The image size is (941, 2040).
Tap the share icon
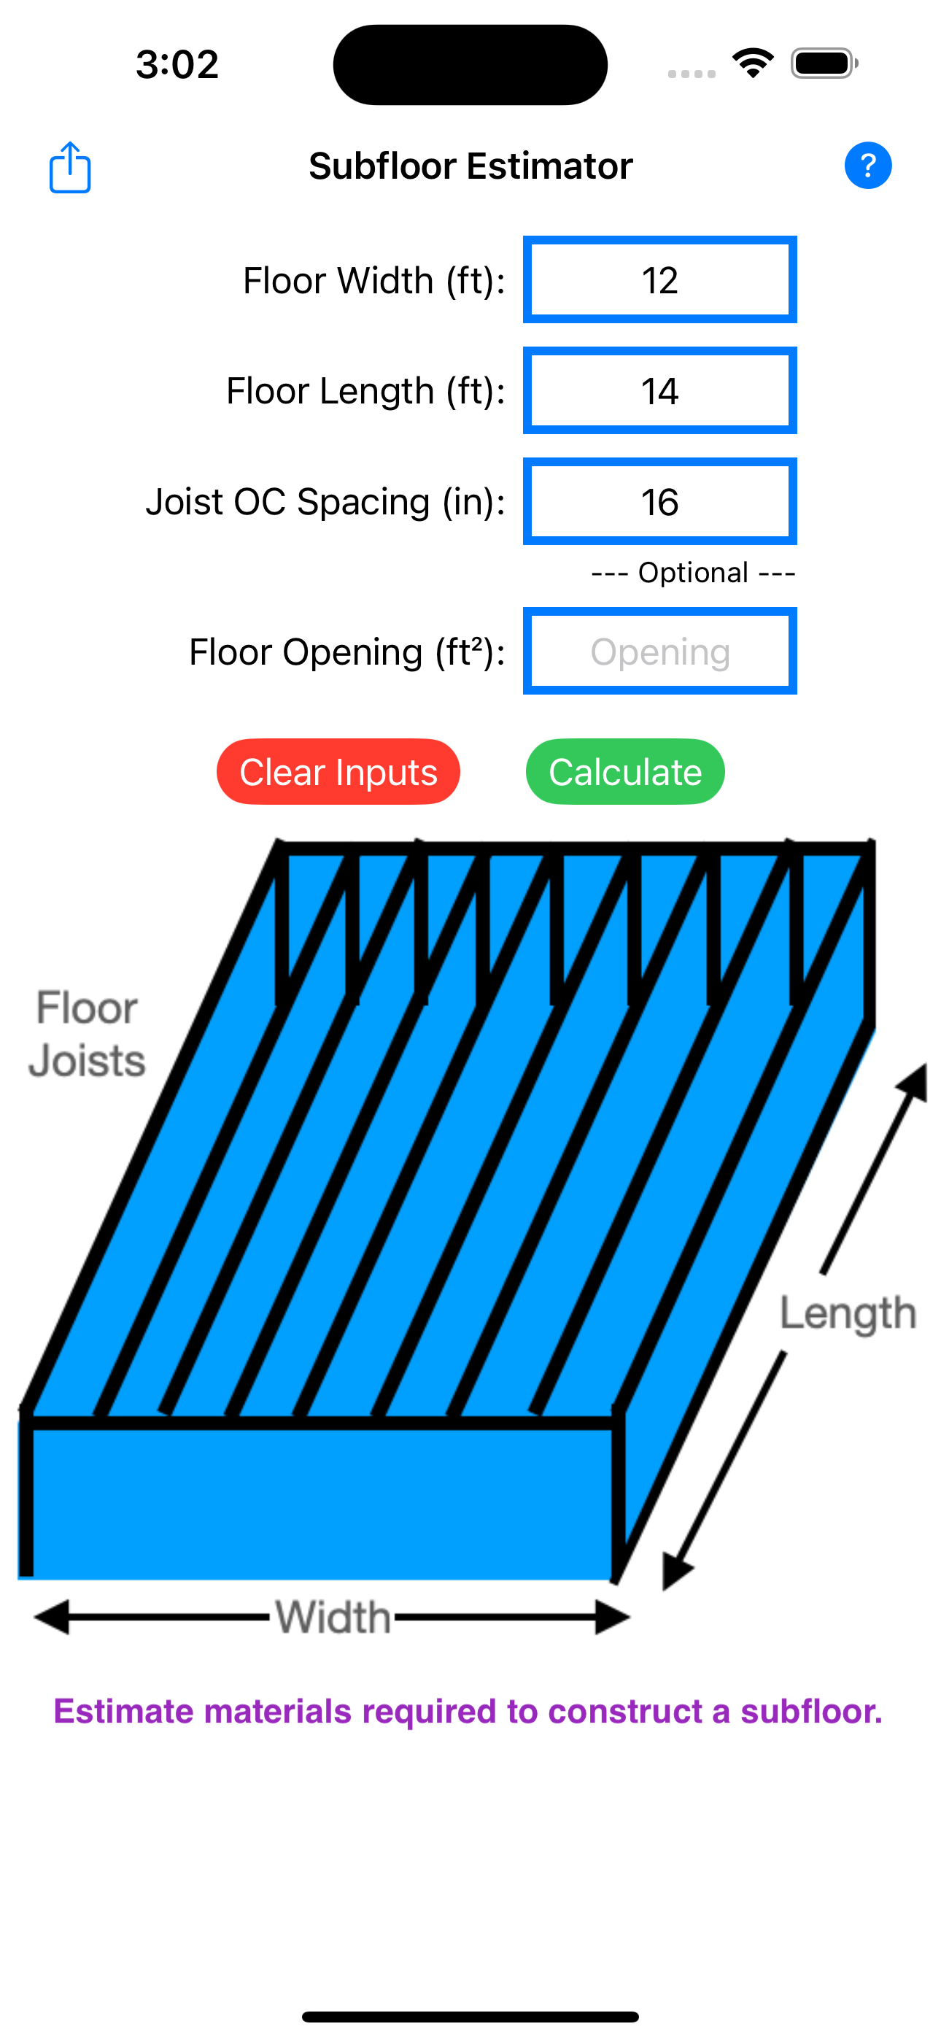click(70, 167)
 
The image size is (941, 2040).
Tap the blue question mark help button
click(867, 166)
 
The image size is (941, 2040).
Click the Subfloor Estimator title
click(471, 166)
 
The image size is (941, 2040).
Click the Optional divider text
click(693, 573)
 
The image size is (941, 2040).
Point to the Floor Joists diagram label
click(87, 1035)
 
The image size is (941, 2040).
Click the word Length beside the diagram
click(848, 1313)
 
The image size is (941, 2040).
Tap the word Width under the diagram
click(333, 1617)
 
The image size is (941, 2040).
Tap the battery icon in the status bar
click(824, 63)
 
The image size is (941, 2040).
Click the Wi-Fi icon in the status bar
click(753, 63)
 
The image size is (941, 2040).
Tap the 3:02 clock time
click(177, 64)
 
